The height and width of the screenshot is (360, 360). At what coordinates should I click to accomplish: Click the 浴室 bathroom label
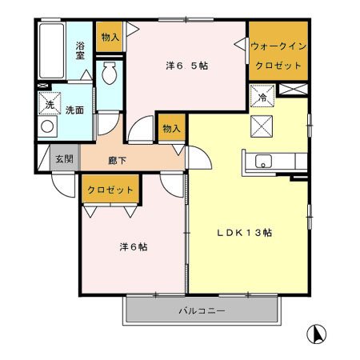coord(81,51)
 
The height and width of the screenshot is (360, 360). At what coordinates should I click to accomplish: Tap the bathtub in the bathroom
coord(52,52)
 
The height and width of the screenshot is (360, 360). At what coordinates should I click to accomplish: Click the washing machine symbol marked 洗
coord(49,104)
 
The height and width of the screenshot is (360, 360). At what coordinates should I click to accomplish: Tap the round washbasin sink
coord(47,126)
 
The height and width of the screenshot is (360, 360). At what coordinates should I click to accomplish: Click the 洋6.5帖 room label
coord(187,66)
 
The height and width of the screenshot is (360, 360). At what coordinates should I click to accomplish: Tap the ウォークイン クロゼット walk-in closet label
coord(277,55)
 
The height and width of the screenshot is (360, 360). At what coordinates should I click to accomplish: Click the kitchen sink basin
coord(264,162)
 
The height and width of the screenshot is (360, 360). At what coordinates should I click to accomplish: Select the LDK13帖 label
coord(247,233)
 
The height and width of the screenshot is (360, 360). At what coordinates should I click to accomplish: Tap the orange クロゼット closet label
coord(110,190)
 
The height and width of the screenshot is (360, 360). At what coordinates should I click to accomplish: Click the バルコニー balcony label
coord(202,310)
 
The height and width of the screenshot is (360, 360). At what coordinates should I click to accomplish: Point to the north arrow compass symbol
coord(318,334)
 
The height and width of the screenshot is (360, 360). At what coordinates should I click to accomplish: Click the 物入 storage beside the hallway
coord(170,127)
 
